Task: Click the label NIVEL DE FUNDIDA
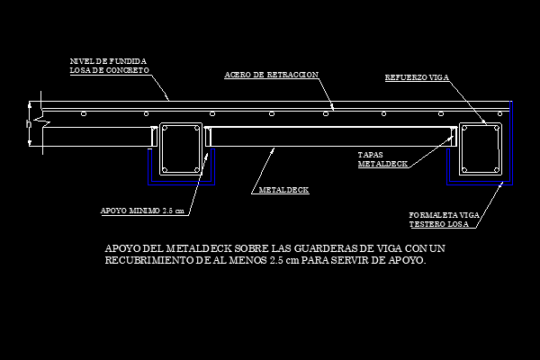tap(108, 61)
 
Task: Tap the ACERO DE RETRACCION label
tap(272, 75)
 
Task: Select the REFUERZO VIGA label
tap(417, 77)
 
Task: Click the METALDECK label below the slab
tap(283, 190)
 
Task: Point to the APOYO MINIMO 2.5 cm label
tap(142, 211)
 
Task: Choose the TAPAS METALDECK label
tap(382, 159)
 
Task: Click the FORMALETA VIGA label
tap(444, 215)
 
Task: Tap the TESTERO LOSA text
tap(439, 224)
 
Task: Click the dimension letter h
tap(29, 123)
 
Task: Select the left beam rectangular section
tap(160, 148)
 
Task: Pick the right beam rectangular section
tap(459, 148)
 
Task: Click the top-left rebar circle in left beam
tap(165, 129)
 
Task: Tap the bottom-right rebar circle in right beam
tap(497, 169)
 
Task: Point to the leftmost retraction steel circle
tap(84, 113)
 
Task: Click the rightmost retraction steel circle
tap(500, 113)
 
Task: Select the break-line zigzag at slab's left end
tap(44, 121)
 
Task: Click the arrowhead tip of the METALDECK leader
tap(274, 148)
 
